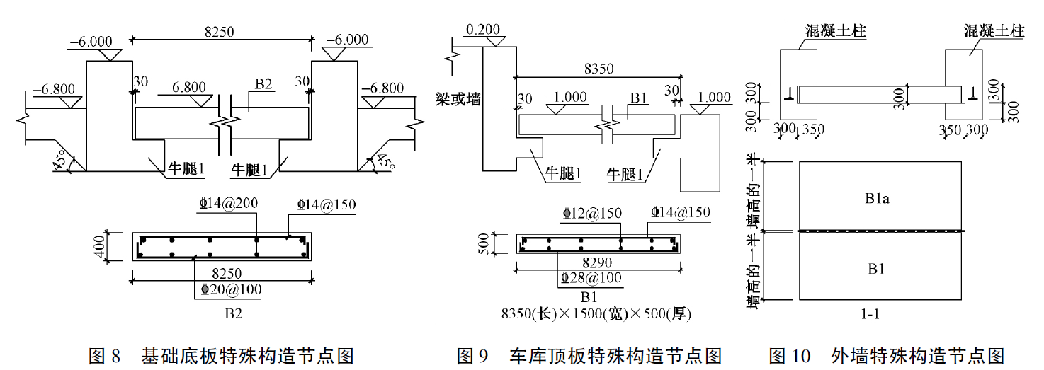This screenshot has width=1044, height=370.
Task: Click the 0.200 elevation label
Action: click(483, 29)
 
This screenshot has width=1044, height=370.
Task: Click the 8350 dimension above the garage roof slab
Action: click(599, 69)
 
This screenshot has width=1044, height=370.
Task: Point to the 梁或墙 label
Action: click(458, 98)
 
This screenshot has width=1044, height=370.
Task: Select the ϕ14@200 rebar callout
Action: click(228, 203)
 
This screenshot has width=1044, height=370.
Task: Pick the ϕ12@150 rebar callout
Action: click(592, 214)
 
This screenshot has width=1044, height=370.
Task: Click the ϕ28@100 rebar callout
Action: click(591, 278)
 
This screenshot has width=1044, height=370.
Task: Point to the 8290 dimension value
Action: click(597, 263)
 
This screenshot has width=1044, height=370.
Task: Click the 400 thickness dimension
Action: click(99, 246)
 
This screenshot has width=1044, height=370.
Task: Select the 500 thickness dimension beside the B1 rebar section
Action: click(484, 244)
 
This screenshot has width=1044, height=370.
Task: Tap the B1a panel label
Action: click(877, 199)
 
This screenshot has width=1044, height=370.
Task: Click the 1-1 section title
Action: click(870, 315)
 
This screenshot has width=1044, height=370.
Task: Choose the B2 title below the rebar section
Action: click(234, 313)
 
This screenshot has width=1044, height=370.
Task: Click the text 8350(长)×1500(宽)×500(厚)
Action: click(596, 314)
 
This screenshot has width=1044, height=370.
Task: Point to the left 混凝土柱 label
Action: click(835, 30)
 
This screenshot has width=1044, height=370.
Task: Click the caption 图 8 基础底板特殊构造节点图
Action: click(222, 356)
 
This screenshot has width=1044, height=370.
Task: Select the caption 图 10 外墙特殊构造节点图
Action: click(887, 356)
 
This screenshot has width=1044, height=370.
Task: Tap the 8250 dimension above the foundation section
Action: click(219, 32)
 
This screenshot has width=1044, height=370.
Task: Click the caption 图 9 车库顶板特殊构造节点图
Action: click(589, 356)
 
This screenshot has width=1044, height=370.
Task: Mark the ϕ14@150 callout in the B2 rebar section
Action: click(327, 204)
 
